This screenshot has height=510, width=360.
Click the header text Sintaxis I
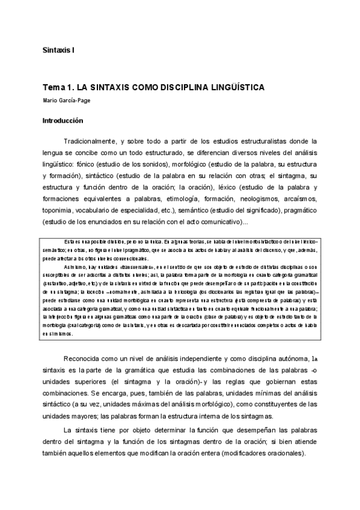pos(58,50)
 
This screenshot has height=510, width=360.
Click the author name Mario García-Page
pos(67,100)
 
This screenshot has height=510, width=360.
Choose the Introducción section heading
pos(63,120)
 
